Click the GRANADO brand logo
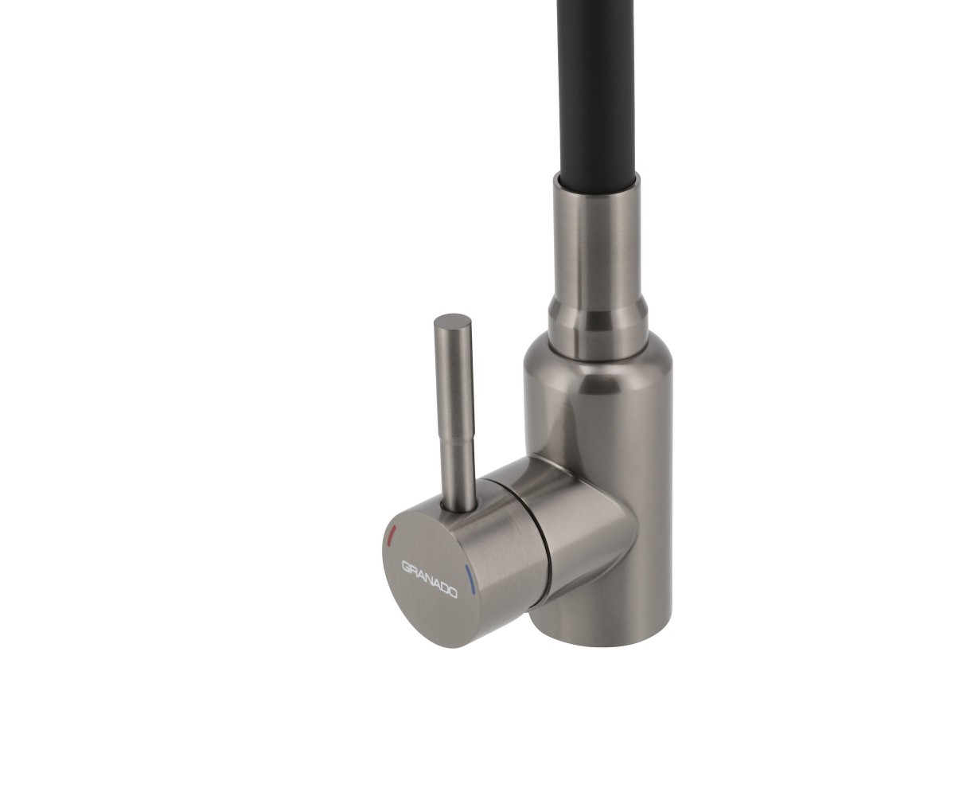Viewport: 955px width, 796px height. [429, 579]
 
